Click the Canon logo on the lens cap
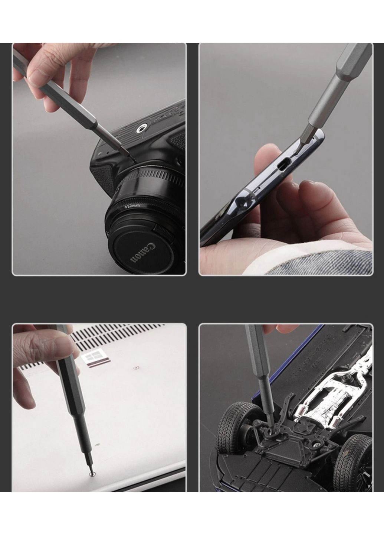142,253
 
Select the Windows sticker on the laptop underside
95,360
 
